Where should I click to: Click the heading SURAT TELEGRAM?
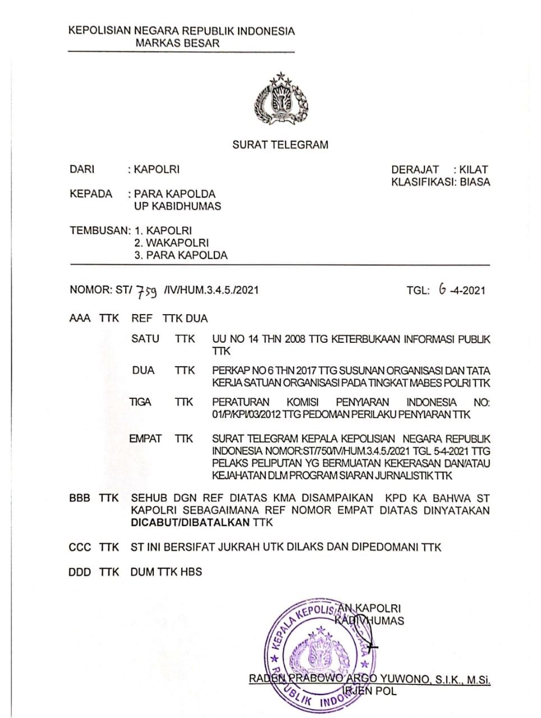(x=280, y=145)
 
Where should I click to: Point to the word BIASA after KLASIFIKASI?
(x=474, y=182)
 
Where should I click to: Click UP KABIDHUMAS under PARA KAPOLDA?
(x=177, y=206)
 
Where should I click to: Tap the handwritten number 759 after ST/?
(x=147, y=291)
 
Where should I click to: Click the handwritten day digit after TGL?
(x=443, y=289)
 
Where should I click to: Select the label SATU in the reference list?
(x=145, y=339)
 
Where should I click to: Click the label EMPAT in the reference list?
(x=145, y=439)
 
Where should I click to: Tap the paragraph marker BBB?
(x=79, y=498)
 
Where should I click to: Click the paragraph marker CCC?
(x=79, y=547)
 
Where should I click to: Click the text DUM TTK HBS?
(x=166, y=572)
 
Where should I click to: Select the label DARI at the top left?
(x=82, y=169)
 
